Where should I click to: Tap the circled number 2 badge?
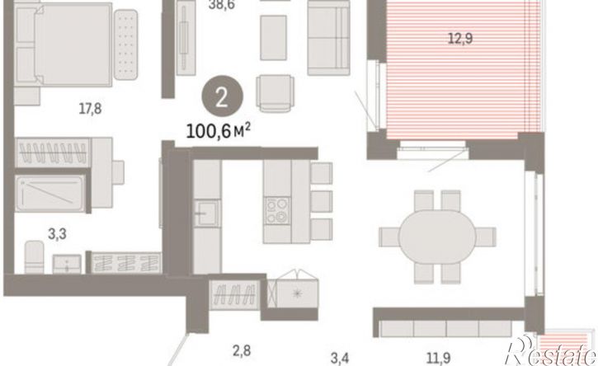click(222, 96)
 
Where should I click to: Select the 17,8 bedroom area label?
click(91, 109)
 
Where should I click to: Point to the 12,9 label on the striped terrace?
click(460, 39)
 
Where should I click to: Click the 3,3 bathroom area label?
click(57, 234)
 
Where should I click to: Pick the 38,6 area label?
click(222, 5)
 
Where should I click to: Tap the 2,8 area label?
click(242, 350)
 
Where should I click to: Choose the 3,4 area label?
click(340, 359)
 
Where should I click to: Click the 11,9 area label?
click(438, 359)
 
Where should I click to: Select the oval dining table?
click(437, 237)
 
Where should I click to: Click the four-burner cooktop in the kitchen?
click(277, 211)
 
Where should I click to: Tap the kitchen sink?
click(206, 213)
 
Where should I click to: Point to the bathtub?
click(50, 193)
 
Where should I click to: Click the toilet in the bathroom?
click(34, 256)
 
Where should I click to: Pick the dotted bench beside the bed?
click(125, 45)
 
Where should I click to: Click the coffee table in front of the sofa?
click(274, 38)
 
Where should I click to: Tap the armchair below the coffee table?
click(275, 93)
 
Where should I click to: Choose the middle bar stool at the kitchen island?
click(321, 201)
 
